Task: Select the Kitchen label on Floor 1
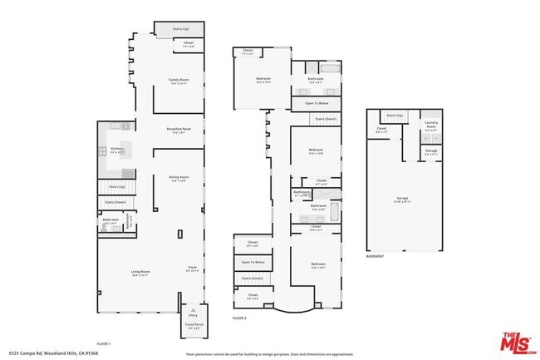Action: [115, 150]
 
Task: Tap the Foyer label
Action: [192, 268]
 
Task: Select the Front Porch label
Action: [193, 327]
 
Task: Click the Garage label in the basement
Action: [402, 199]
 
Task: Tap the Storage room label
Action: [430, 150]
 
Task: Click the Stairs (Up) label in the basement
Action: [395, 115]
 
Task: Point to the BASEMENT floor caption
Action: [376, 257]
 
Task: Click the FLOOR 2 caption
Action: [240, 318]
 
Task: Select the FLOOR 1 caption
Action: [104, 343]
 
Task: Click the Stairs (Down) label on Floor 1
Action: [115, 202]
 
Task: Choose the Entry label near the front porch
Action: [194, 316]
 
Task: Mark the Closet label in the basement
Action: [381, 129]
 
